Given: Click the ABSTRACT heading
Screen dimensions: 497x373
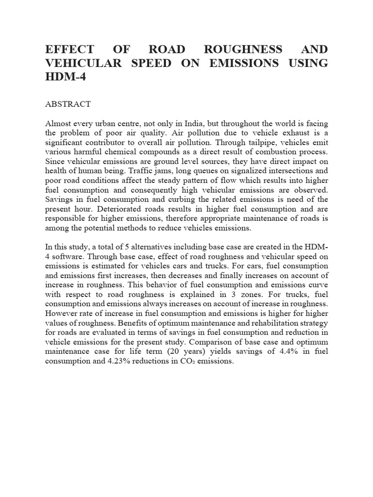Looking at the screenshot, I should click(68, 104).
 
